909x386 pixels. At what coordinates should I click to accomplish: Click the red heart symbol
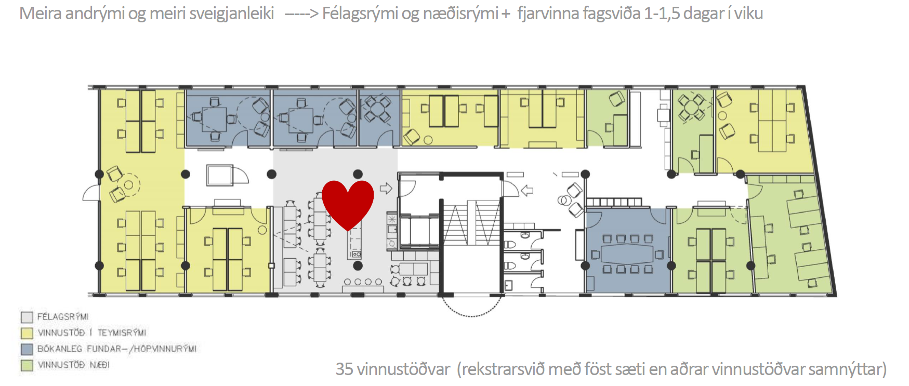(x=348, y=204)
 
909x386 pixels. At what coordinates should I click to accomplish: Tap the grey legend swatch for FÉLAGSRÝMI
(x=27, y=317)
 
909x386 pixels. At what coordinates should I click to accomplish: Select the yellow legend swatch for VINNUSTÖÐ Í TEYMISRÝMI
(x=27, y=333)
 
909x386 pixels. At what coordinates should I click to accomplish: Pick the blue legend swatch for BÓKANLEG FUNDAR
(x=27, y=349)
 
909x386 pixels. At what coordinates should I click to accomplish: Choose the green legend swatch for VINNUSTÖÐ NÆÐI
(x=27, y=365)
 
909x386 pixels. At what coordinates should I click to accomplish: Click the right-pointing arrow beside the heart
(x=386, y=188)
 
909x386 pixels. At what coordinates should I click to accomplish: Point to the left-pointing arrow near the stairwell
(x=527, y=191)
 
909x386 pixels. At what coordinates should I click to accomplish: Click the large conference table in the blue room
(x=627, y=254)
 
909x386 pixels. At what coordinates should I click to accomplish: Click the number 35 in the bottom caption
(x=344, y=369)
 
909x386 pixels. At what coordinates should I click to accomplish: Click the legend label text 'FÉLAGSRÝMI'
(x=63, y=317)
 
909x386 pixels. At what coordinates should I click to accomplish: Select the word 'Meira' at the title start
(x=41, y=14)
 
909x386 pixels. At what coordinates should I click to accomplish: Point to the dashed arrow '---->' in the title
(x=301, y=14)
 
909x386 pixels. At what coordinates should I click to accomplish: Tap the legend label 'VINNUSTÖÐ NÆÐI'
(x=73, y=365)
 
